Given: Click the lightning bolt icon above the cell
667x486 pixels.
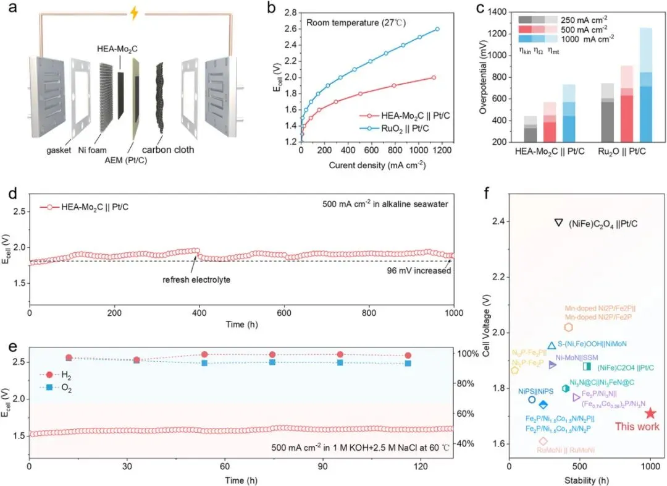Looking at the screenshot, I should pyautogui.click(x=133, y=14).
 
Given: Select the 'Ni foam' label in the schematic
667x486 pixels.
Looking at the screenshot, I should pyautogui.click(x=91, y=150).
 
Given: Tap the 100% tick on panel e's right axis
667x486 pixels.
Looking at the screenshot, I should pyautogui.click(x=467, y=354).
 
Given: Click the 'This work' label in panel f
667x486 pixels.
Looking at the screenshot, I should pyautogui.click(x=637, y=427).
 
